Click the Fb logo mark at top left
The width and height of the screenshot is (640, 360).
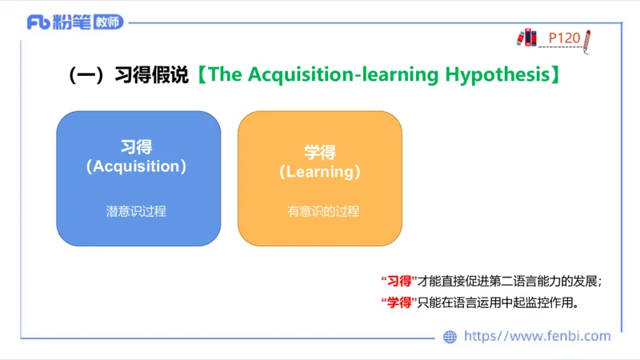click(x=38, y=22)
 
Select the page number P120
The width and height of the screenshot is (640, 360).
click(x=564, y=37)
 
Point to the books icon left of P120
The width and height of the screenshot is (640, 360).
click(x=526, y=37)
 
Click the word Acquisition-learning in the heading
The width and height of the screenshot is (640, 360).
click(x=342, y=75)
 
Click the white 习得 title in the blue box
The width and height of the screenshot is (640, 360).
click(x=136, y=147)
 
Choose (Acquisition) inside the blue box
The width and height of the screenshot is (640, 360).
click(x=136, y=166)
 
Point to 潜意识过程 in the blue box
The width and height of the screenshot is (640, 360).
click(x=136, y=212)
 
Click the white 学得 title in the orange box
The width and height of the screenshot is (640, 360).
click(x=320, y=152)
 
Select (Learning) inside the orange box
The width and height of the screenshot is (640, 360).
click(x=320, y=171)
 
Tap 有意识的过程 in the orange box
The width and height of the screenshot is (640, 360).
click(x=323, y=212)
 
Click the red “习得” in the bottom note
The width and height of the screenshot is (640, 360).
click(x=398, y=281)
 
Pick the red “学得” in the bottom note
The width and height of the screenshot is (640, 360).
click(x=398, y=303)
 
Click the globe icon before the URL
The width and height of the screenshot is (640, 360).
click(x=450, y=337)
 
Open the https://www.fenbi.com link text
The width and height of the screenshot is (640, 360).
click(x=537, y=336)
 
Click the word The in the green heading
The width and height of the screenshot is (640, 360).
click(x=226, y=75)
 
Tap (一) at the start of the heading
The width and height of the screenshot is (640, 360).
click(x=87, y=75)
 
